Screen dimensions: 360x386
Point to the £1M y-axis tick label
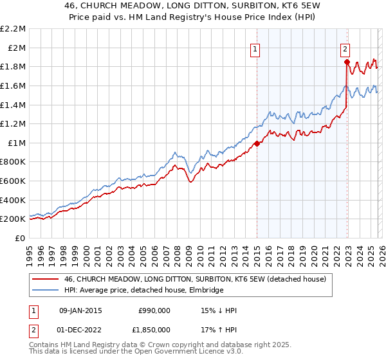[x=17, y=143]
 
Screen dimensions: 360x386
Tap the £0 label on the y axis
[x=21, y=238]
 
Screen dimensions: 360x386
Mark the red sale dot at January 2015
[x=257, y=144]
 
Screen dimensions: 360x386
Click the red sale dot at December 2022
[x=347, y=62]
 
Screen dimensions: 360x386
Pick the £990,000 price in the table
[x=154, y=310]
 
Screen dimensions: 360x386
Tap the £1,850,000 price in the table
[x=151, y=331]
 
